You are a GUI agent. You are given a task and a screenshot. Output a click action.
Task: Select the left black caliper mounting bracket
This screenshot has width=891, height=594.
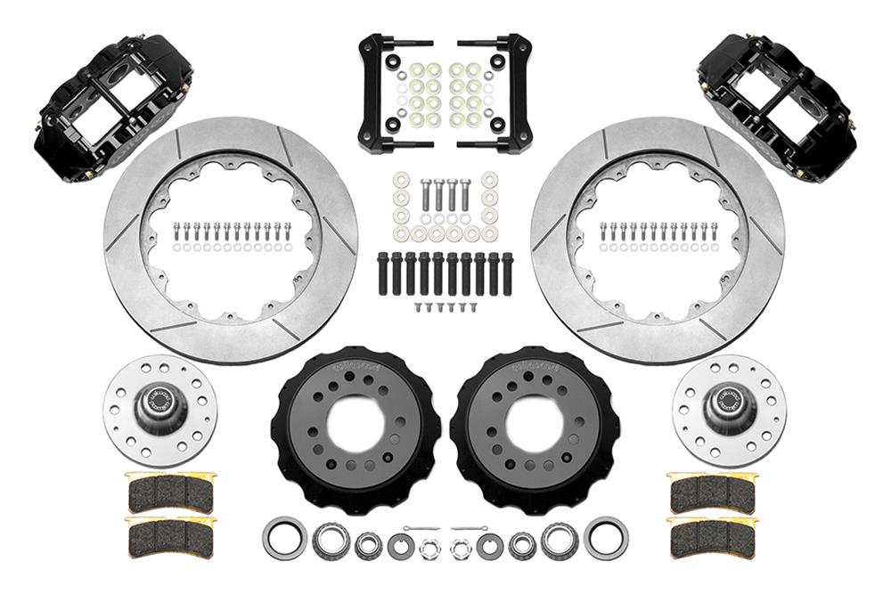392,94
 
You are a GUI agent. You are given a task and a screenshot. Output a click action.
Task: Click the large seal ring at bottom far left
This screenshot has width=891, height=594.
284,538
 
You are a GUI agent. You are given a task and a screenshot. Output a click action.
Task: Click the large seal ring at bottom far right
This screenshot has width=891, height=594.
606,538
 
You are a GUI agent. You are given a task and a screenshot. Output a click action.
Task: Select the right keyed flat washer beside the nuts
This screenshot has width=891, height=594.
489,542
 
